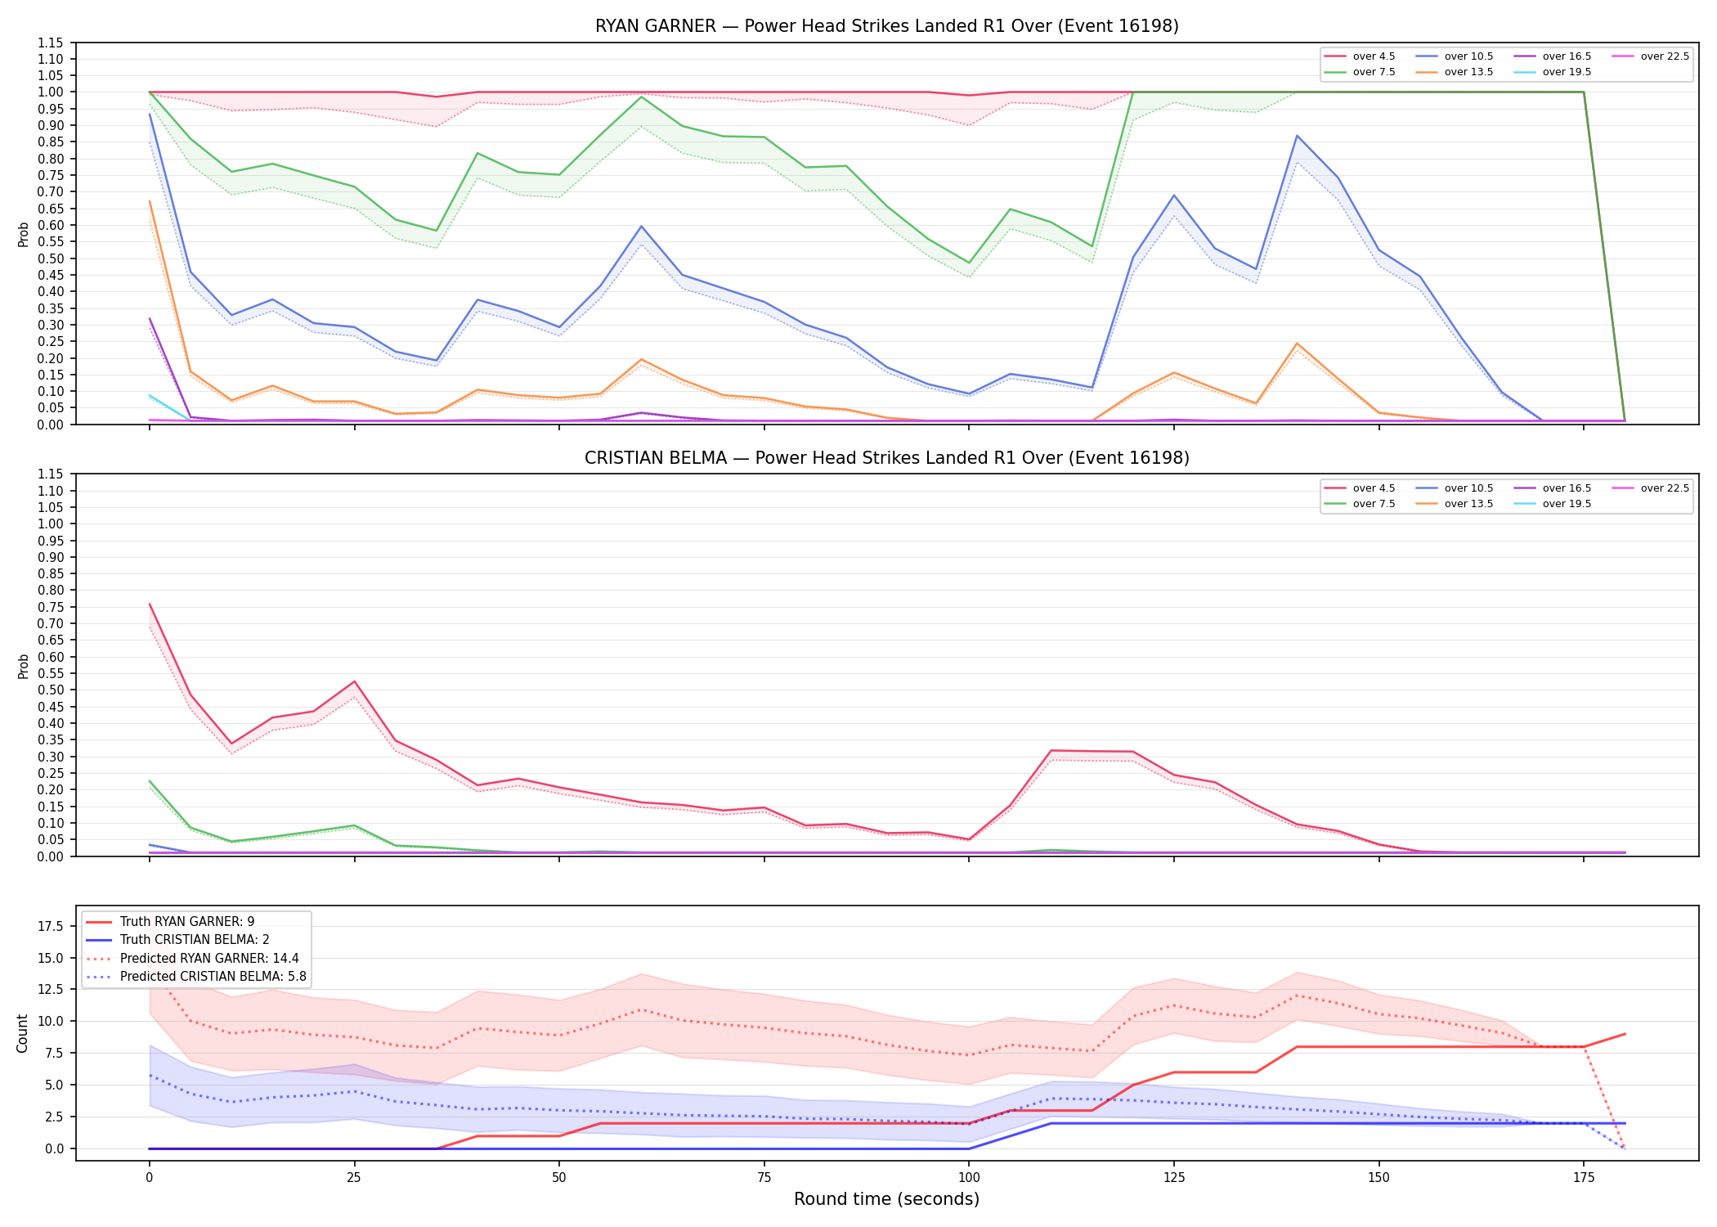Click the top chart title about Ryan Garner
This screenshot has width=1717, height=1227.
[887, 26]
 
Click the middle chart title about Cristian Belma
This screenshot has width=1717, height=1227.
[887, 458]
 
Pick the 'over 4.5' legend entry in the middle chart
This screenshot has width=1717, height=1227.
[1360, 488]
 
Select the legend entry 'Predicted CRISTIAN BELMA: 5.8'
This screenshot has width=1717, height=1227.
[196, 976]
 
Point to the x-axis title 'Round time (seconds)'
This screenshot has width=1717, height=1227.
[886, 1199]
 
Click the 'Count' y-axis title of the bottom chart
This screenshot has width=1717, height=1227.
[22, 1033]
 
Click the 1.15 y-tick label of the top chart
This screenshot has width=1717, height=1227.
[50, 43]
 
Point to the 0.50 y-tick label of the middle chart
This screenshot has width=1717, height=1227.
[50, 690]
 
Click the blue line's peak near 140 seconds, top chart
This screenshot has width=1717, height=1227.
[1297, 136]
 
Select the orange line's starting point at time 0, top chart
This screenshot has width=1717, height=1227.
[150, 201]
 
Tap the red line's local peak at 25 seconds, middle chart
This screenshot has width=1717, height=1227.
[354, 681]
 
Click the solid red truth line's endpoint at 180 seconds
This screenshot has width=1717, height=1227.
[1625, 1034]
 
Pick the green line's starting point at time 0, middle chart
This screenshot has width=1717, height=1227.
[150, 781]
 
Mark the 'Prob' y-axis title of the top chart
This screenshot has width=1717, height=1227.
[23, 234]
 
